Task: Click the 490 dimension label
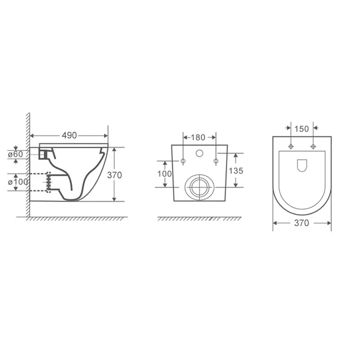(x=69, y=135)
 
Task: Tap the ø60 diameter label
(x=21, y=154)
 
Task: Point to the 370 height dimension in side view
(x=115, y=175)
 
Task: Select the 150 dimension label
(x=302, y=129)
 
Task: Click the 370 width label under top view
(x=301, y=223)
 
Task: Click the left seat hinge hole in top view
(x=291, y=147)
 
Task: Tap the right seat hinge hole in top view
(x=313, y=147)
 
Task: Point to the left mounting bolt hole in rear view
(x=183, y=161)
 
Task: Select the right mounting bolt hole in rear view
(x=216, y=161)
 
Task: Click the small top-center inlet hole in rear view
(x=199, y=154)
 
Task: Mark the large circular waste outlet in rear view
(x=199, y=187)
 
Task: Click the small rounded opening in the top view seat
(x=302, y=166)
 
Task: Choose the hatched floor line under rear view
(x=199, y=219)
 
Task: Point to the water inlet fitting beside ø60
(x=44, y=154)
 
